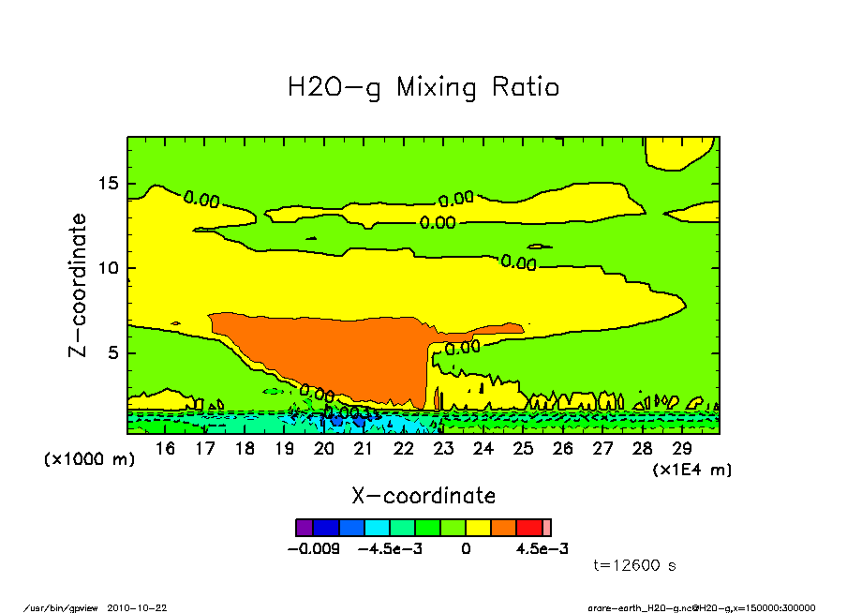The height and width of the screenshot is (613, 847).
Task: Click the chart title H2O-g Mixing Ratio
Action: point(423,88)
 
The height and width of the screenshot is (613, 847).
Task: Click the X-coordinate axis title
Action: point(423,496)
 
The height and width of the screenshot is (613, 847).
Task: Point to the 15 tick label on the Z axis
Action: point(109,184)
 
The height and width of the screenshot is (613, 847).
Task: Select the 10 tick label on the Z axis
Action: point(109,269)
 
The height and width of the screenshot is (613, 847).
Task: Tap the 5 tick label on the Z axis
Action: point(113,354)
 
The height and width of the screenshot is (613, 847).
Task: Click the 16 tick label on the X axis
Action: point(166,449)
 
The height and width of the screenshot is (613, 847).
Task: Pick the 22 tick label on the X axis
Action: point(404,449)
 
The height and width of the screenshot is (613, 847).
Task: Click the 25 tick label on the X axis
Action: point(523,449)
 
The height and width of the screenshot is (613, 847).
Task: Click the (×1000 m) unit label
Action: point(90,460)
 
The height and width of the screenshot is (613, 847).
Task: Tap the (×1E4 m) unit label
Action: point(692,469)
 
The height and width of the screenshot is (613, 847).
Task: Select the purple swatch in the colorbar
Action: point(304,528)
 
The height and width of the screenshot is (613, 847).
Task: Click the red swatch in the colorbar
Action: point(530,528)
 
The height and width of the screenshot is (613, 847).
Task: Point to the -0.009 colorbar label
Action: point(311,548)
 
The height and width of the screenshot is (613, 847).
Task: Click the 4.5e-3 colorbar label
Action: point(542,548)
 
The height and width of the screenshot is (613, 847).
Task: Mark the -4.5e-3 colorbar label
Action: point(390,548)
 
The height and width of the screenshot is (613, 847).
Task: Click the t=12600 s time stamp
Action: point(635,565)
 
